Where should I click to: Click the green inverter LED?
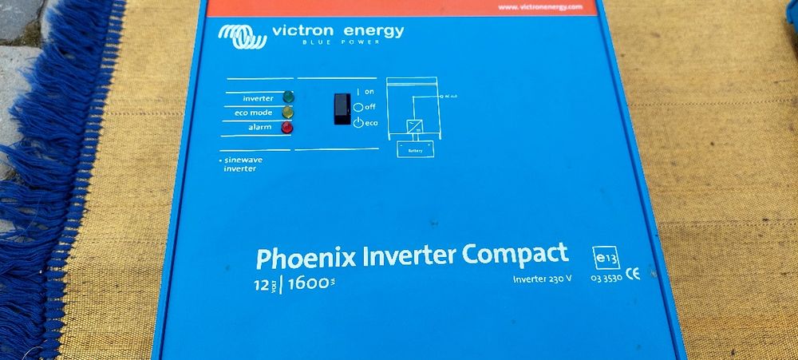point(287,97)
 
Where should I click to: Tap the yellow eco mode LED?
point(287,113)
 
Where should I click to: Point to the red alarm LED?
point(287,127)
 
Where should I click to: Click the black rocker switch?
point(342,109)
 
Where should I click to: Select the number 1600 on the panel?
point(309,283)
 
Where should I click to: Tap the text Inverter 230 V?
point(543,279)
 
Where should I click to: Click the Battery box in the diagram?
point(416,148)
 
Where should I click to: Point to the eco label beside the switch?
point(371,122)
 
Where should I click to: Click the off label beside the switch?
point(369,106)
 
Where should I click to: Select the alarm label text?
point(259,128)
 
